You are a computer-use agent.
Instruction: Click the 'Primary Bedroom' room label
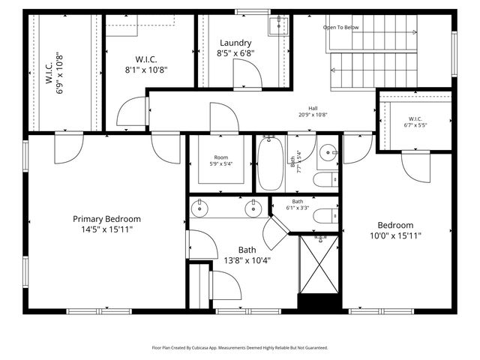tap(106, 219)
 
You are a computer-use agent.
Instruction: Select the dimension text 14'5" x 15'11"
tap(106, 229)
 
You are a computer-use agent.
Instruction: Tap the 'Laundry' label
tap(235, 43)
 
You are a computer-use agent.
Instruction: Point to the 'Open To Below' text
tap(341, 27)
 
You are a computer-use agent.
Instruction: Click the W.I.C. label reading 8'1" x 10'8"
tap(145, 64)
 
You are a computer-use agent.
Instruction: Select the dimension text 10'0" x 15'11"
tap(394, 235)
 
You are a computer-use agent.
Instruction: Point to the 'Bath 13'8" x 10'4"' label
tap(247, 255)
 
